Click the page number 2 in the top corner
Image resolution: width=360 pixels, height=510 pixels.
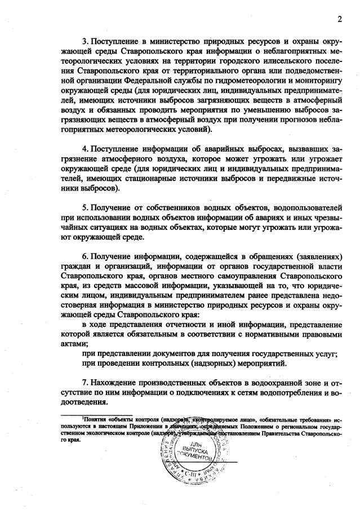tap(340, 20)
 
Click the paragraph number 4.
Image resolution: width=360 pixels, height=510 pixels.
tap(85, 149)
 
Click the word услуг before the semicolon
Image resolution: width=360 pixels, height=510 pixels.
tap(325, 353)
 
